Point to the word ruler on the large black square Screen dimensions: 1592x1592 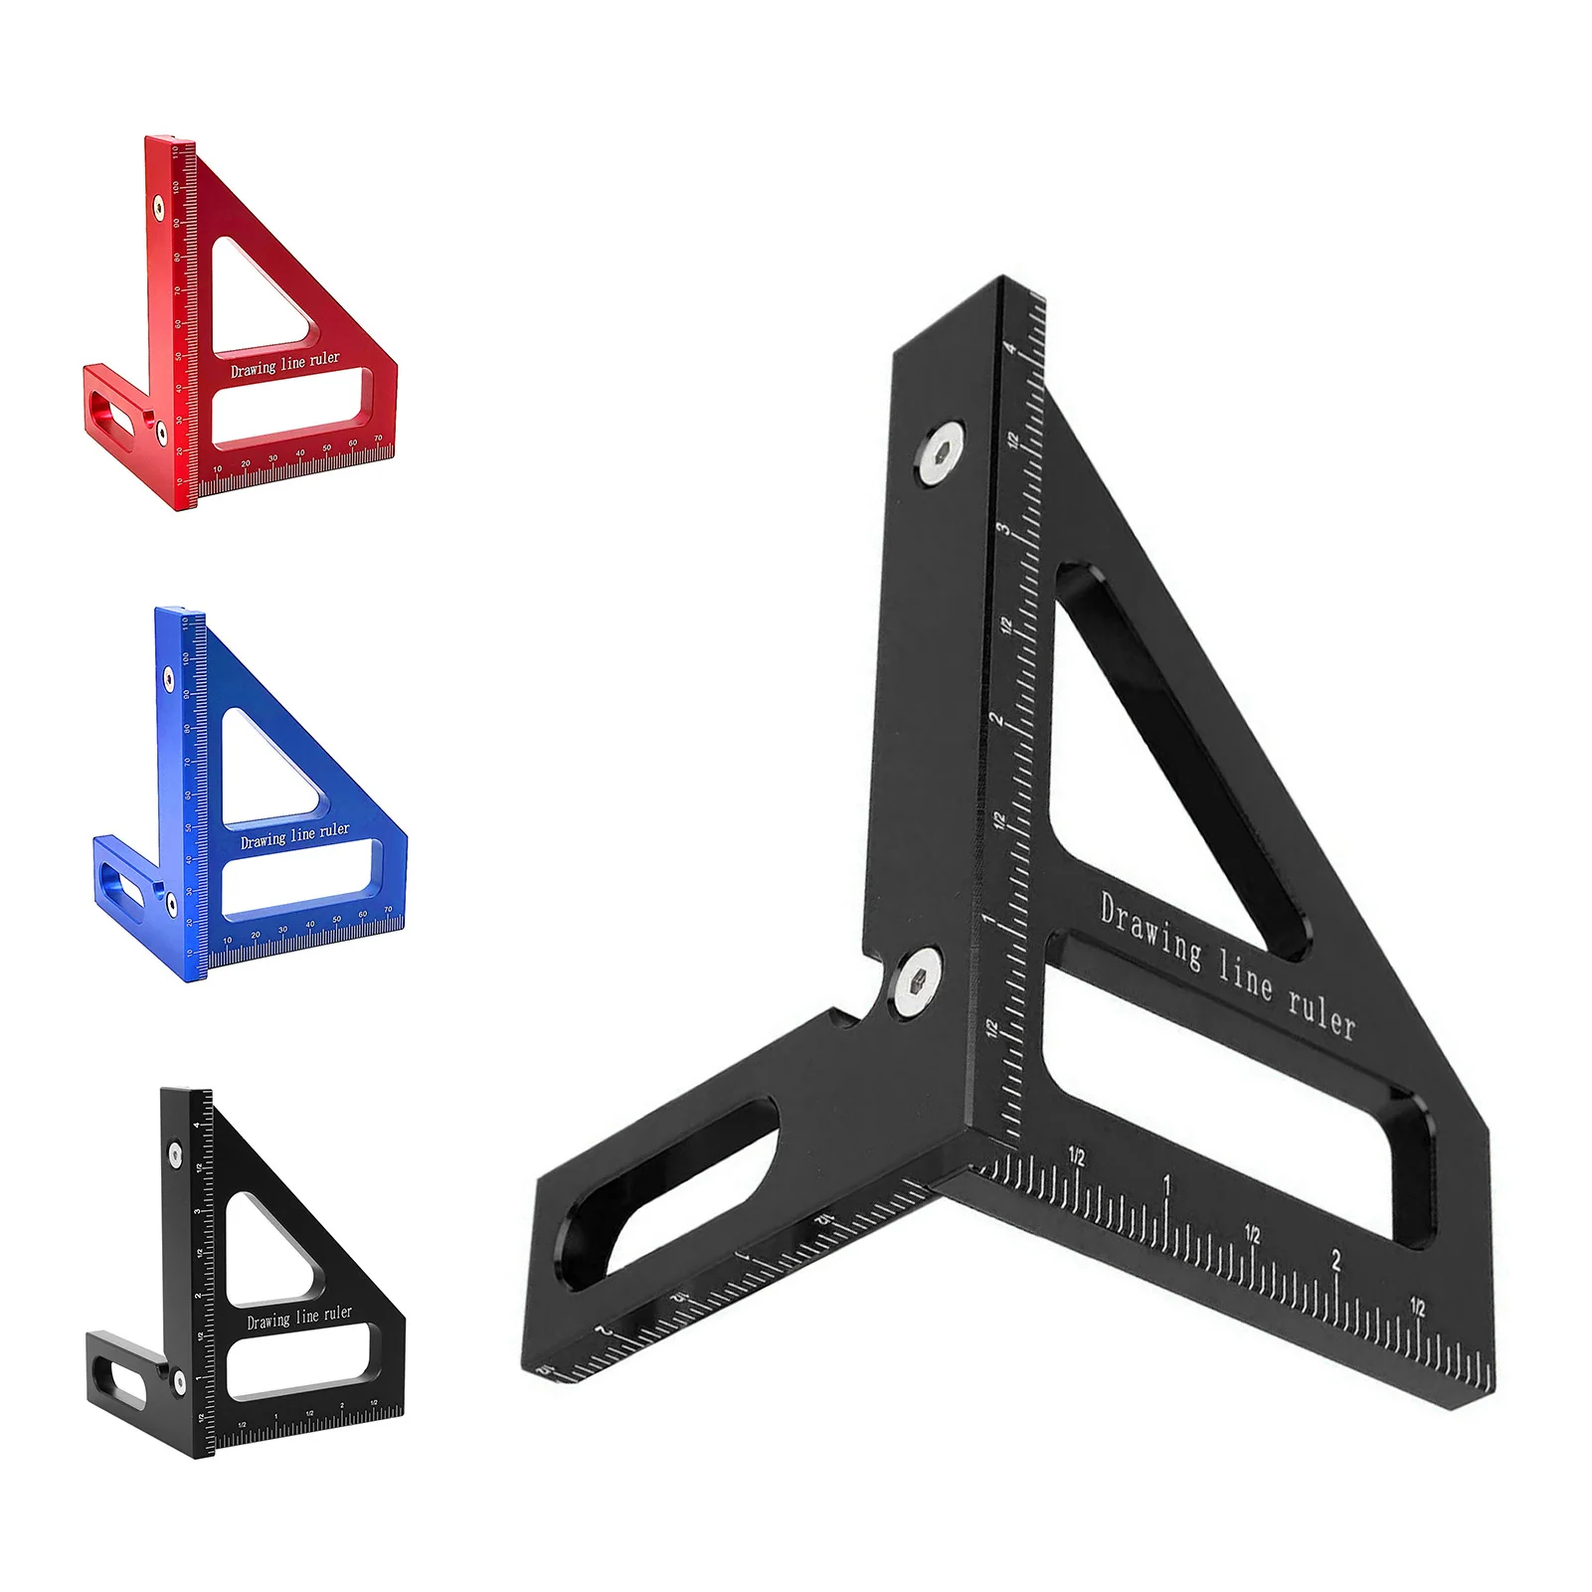point(1322,1012)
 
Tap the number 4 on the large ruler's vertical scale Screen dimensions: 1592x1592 point(1010,349)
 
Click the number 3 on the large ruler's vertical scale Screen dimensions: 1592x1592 point(1004,530)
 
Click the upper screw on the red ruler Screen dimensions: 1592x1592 point(158,207)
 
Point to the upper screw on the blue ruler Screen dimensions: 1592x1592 point(168,680)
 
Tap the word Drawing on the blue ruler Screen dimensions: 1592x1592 point(263,841)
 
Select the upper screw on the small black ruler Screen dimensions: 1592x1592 point(175,1154)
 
